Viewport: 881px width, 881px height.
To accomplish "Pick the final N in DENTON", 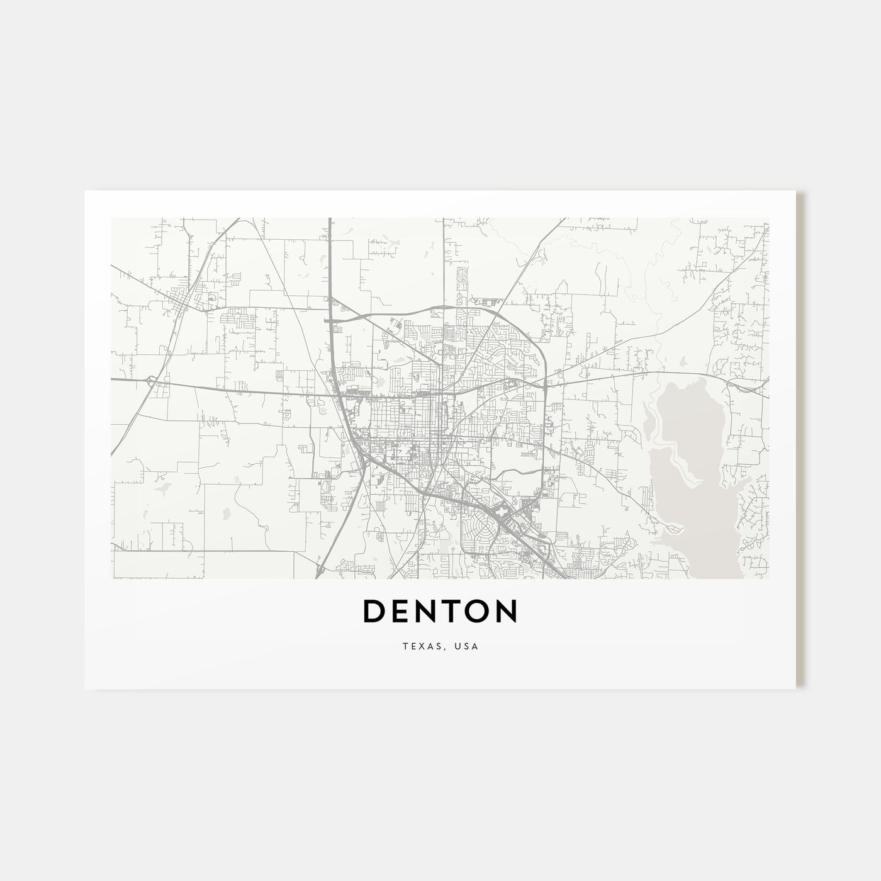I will point(507,610).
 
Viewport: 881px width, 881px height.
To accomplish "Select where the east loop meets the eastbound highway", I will point(545,380).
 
